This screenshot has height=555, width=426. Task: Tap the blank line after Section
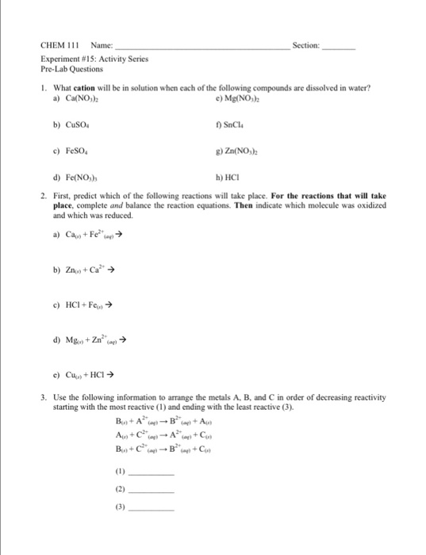click(x=340, y=50)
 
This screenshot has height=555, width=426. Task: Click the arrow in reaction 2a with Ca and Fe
click(x=119, y=235)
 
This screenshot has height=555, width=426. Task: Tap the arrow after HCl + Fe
click(x=113, y=304)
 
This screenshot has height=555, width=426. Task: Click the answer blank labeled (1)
click(x=151, y=473)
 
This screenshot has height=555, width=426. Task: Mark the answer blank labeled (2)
click(x=151, y=491)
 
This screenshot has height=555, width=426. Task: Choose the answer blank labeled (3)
click(x=151, y=508)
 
